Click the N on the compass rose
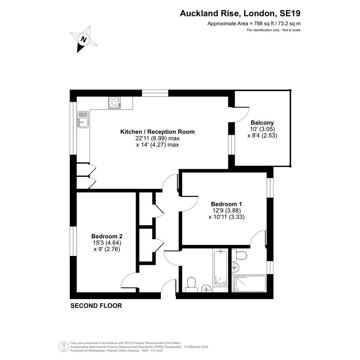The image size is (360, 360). tap(84, 39)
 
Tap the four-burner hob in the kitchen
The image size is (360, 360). tap(115, 102)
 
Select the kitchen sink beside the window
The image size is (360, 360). tap(83, 119)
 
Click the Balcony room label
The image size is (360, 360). tap(262, 123)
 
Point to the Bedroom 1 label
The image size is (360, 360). tap(226, 204)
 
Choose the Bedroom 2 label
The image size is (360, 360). tap(107, 236)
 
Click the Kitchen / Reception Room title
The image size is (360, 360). tap(157, 132)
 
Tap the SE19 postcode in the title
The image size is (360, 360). tap(290, 13)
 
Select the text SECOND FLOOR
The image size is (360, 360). tap(96, 306)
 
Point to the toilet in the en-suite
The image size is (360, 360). tap(239, 255)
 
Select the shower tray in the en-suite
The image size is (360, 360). tap(250, 284)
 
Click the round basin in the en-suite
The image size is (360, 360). tap(235, 267)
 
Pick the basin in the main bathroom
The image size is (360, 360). tap(206, 288)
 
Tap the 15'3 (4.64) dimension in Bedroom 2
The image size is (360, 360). tap(107, 243)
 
